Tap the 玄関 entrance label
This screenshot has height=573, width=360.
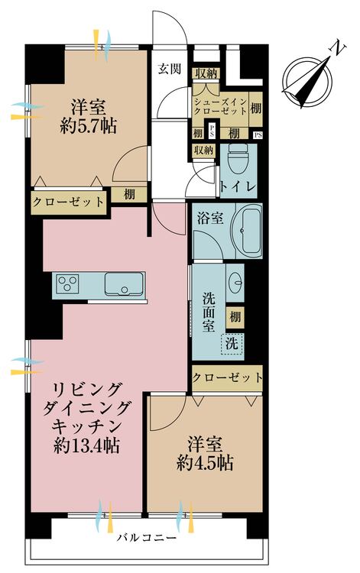(170, 69)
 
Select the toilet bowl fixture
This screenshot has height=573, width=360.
(238, 161)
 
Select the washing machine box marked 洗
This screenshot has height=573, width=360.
(231, 344)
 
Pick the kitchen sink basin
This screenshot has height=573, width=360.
(122, 286)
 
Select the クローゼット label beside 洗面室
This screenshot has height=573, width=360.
(227, 377)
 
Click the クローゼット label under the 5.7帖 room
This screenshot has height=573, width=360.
(68, 202)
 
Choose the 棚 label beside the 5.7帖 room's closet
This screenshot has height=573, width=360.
(129, 194)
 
